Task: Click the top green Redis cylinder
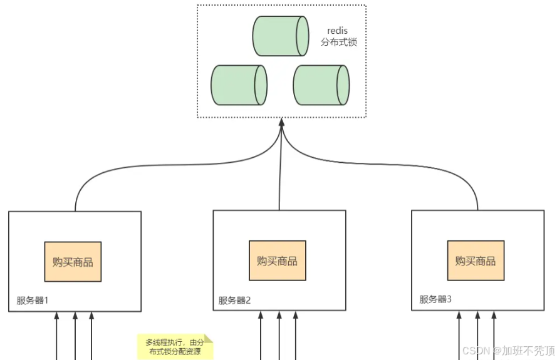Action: click(281, 36)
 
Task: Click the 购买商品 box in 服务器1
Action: click(73, 261)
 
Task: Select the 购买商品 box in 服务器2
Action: click(277, 260)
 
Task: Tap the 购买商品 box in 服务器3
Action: click(476, 260)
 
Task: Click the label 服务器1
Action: click(33, 300)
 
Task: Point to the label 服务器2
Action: click(234, 300)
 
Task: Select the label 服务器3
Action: click(435, 299)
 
